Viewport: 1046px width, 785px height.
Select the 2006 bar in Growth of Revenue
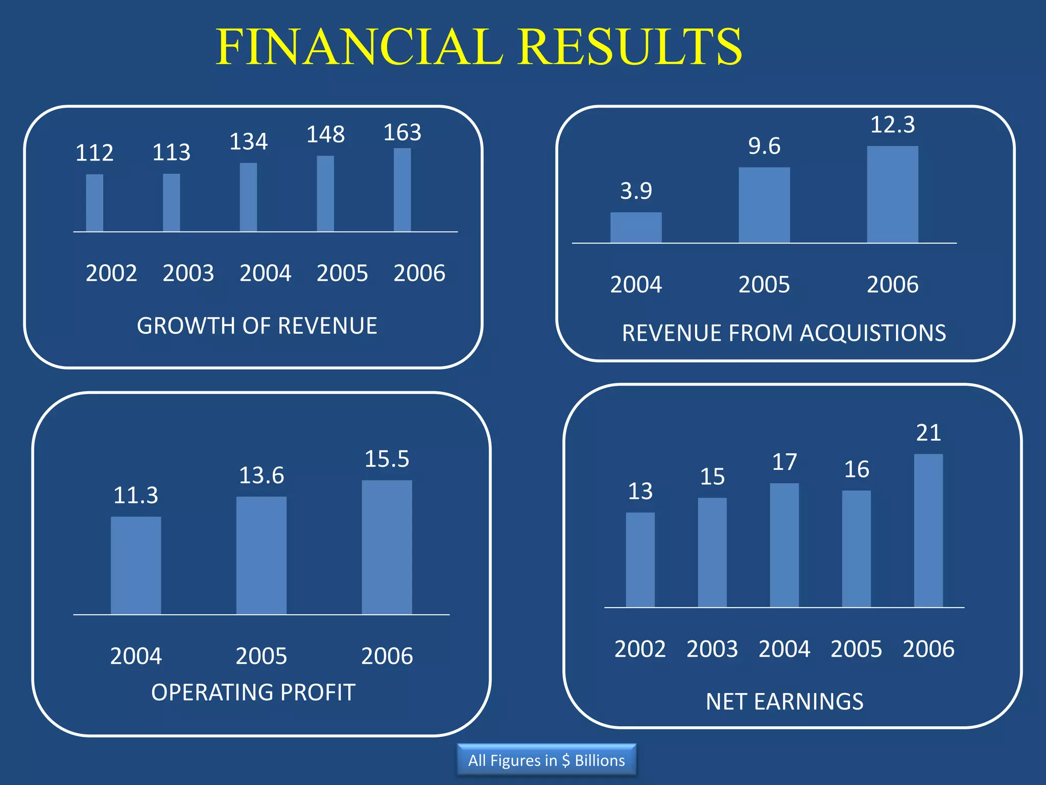[402, 190]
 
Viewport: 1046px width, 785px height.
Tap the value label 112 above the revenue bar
[94, 153]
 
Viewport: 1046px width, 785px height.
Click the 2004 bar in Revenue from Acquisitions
[636, 228]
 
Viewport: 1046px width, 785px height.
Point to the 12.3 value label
[892, 125]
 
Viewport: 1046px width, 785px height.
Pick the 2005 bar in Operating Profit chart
[261, 556]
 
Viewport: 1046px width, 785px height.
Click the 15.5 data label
[387, 459]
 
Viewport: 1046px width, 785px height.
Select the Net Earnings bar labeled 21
[928, 530]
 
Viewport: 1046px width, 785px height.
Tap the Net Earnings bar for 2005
[856, 549]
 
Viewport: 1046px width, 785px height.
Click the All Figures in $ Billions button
[546, 760]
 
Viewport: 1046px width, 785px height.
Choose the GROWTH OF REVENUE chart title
[257, 326]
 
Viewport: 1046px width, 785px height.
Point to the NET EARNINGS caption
[784, 702]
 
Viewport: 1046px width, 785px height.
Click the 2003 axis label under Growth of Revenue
[188, 273]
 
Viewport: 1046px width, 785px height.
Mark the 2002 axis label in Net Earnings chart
[640, 649]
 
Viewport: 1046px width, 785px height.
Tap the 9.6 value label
[764, 146]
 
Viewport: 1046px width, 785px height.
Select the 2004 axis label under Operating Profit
[136, 656]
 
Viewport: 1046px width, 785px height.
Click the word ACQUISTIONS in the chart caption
[873, 333]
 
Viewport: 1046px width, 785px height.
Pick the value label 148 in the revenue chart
[325, 135]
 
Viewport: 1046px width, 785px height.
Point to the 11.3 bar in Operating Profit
[136, 565]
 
